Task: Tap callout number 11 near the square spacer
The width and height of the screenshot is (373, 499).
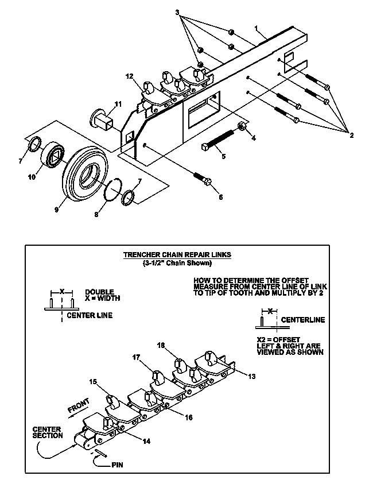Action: coord(118,103)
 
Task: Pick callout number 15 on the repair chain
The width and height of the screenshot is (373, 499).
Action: coord(92,381)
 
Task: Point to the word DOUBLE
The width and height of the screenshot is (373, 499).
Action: coord(99,292)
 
